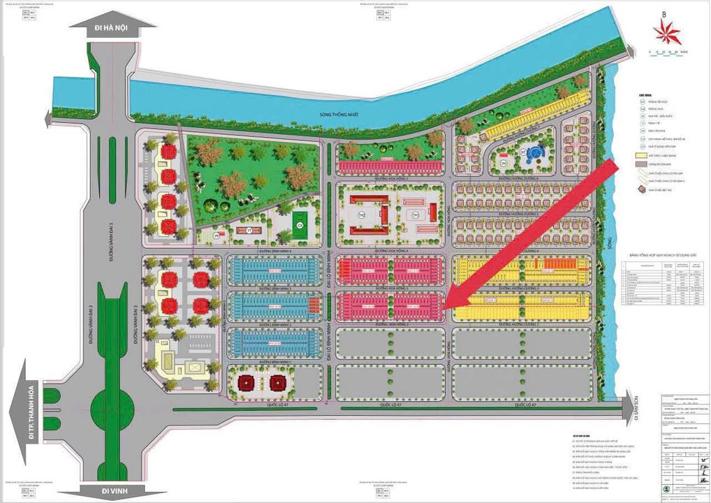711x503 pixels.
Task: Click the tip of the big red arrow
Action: [447, 308]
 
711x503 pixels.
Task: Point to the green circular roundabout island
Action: [110, 404]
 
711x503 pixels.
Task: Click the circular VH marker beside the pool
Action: [502, 163]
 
